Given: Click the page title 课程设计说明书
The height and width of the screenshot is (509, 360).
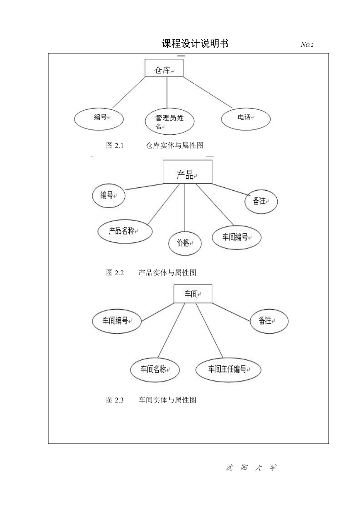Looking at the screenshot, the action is point(195,44).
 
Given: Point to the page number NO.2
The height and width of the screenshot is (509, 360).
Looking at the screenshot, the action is point(307,44).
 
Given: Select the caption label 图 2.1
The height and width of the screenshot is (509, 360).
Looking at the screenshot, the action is point(115,145).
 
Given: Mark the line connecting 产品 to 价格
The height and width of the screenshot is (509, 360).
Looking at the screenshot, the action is point(185,208).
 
